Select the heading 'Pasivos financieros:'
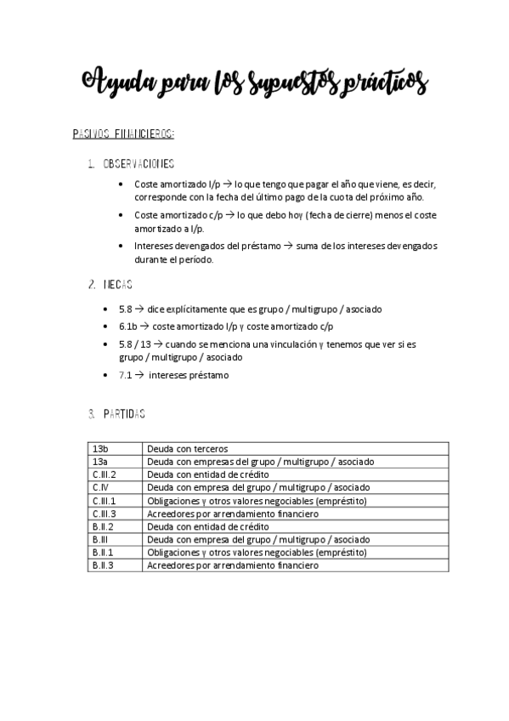(124, 133)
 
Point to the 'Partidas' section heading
(123, 414)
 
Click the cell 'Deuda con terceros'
(187, 448)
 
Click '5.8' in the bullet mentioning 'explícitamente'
(125, 309)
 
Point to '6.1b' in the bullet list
(128, 326)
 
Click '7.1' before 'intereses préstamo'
(125, 375)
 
